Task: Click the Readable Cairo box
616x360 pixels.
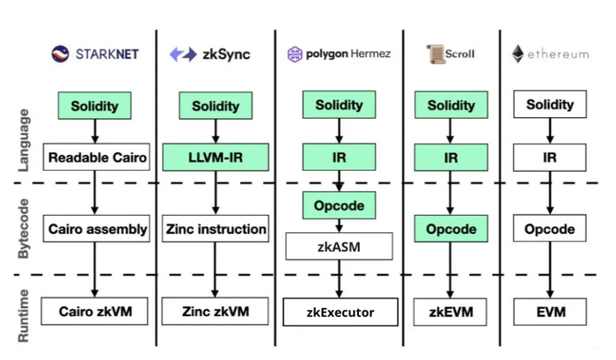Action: pyautogui.click(x=96, y=158)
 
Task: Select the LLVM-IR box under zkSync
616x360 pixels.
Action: pyautogui.click(x=215, y=158)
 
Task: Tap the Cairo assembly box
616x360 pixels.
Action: pyautogui.click(x=96, y=229)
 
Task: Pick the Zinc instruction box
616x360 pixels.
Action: pyautogui.click(x=215, y=229)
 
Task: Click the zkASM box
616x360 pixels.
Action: pyautogui.click(x=339, y=246)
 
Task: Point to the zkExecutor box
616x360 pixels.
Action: pyautogui.click(x=340, y=312)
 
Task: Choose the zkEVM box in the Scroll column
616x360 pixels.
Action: pyautogui.click(x=451, y=311)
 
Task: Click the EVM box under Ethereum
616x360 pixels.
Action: pyautogui.click(x=550, y=311)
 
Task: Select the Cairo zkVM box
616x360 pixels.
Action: pyautogui.click(x=96, y=311)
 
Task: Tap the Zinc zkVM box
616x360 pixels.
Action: pyautogui.click(x=215, y=311)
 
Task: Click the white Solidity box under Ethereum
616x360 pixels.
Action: pyautogui.click(x=550, y=105)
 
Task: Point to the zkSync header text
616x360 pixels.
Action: pyautogui.click(x=226, y=55)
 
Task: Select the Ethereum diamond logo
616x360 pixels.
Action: pyautogui.click(x=518, y=54)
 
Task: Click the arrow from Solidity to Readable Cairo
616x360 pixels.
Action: pyautogui.click(x=96, y=131)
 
